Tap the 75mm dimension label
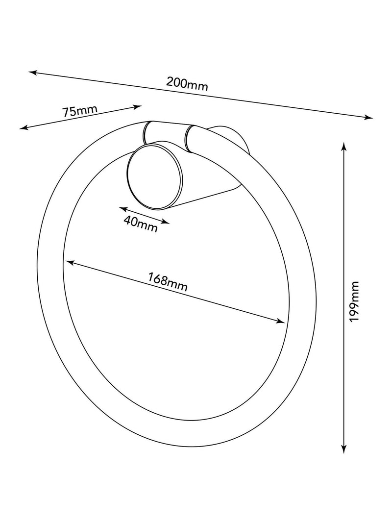click(80, 110)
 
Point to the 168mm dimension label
click(168, 282)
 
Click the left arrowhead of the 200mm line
click(32, 73)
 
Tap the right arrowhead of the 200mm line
click(368, 117)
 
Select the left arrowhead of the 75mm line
click(24, 127)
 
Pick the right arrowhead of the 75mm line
click(138, 107)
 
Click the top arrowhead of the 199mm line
click(344, 147)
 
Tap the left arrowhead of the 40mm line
click(123, 209)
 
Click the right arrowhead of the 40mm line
click(166, 222)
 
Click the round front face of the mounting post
click(155, 177)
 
